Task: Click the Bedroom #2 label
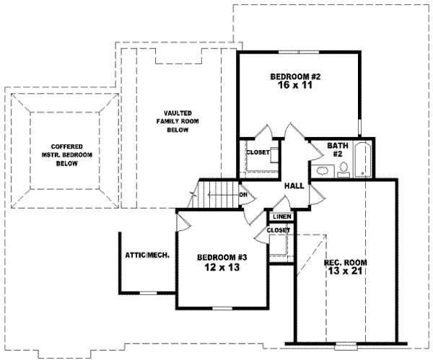[x=295, y=76]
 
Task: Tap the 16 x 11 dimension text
[x=294, y=85]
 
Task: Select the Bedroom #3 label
[x=222, y=258]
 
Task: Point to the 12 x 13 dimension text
[x=222, y=267]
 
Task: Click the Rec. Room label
[x=346, y=262]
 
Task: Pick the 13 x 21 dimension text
[x=345, y=271]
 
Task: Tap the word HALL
[x=294, y=186]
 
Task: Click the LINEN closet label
[x=282, y=216]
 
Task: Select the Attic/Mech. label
[x=147, y=255]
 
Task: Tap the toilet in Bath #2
[x=344, y=170]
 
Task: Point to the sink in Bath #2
[x=323, y=171]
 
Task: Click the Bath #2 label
[x=338, y=149]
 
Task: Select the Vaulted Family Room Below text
[x=178, y=121]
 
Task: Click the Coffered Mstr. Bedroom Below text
[x=67, y=155]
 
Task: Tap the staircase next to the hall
[x=218, y=194]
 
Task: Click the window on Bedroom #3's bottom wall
[x=222, y=308]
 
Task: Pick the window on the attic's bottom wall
[x=148, y=293]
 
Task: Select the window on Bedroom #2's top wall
[x=299, y=52]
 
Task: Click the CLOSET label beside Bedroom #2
[x=258, y=152]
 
